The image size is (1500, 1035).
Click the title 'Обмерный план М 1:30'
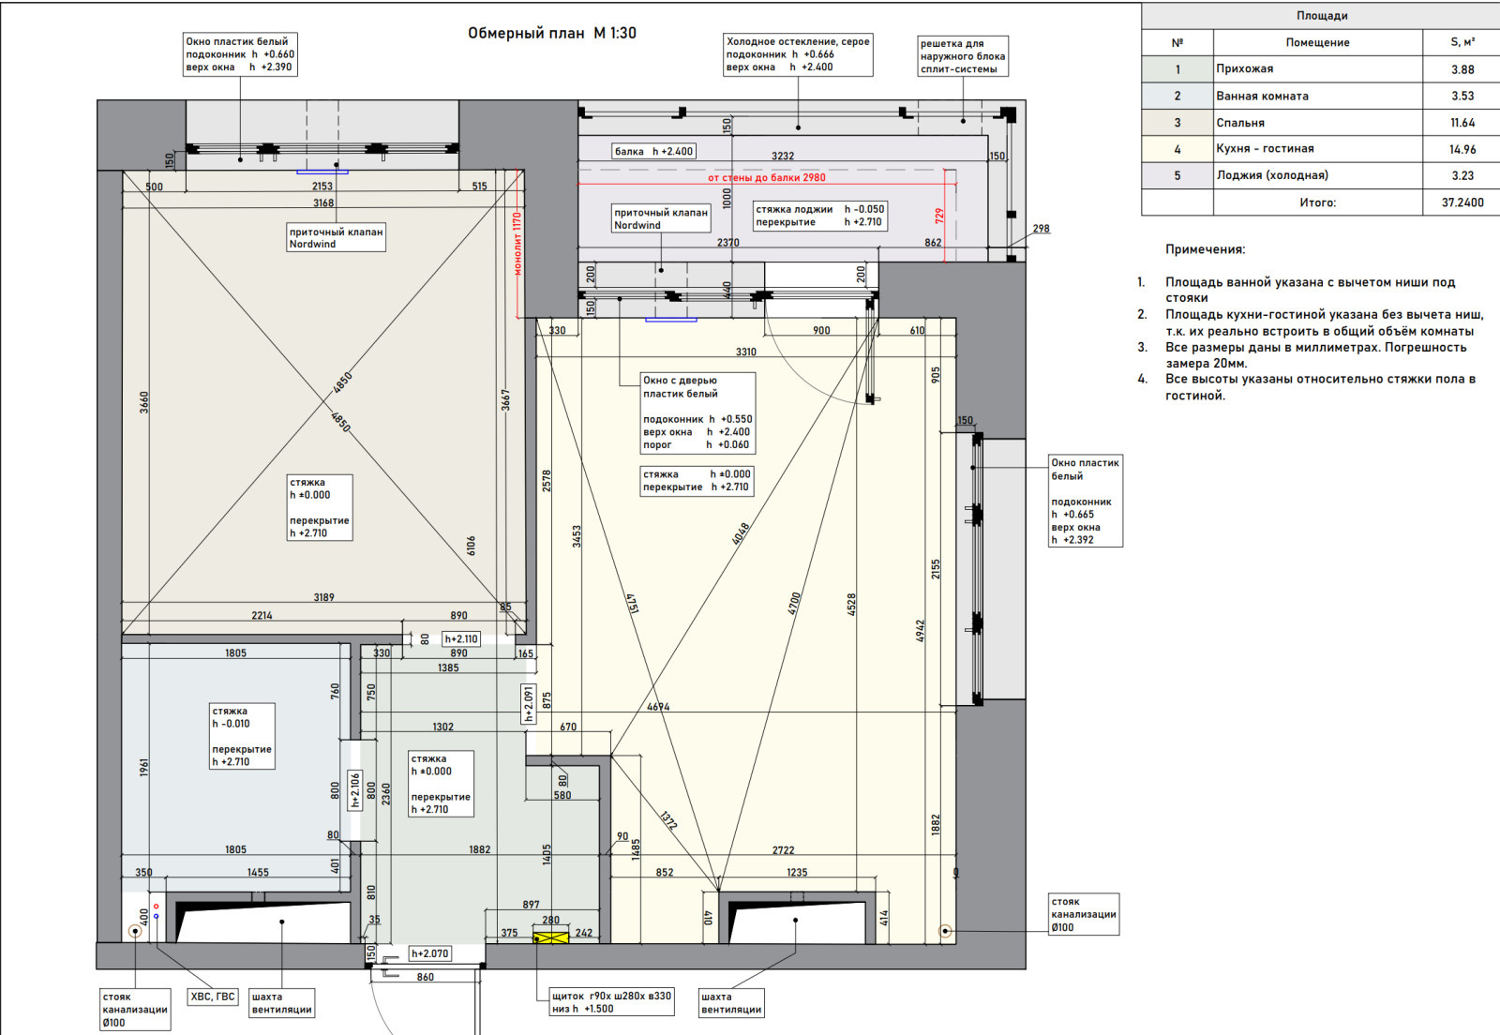tap(552, 33)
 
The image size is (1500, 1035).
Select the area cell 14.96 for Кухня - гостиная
tap(1462, 149)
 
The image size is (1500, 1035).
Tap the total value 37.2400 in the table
tap(1462, 202)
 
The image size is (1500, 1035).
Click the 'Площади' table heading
tap(1321, 15)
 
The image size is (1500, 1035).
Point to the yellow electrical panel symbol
tap(550, 937)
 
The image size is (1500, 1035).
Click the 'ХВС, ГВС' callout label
tap(212, 997)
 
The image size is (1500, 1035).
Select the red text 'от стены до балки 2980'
tap(767, 177)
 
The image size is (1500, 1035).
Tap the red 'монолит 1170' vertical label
tap(517, 244)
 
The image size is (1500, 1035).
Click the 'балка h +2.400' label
tap(653, 151)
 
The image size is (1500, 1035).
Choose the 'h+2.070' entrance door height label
tap(430, 953)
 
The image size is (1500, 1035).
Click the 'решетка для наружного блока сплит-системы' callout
tap(962, 56)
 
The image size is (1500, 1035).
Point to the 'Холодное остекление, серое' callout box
tap(798, 54)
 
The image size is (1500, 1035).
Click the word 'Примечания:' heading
tap(1206, 249)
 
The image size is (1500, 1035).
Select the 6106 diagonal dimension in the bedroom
tap(471, 545)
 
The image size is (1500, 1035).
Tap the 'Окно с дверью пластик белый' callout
tap(697, 413)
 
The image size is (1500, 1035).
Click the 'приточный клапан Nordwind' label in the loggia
tap(661, 218)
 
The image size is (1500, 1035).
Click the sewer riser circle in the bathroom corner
tap(135, 931)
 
